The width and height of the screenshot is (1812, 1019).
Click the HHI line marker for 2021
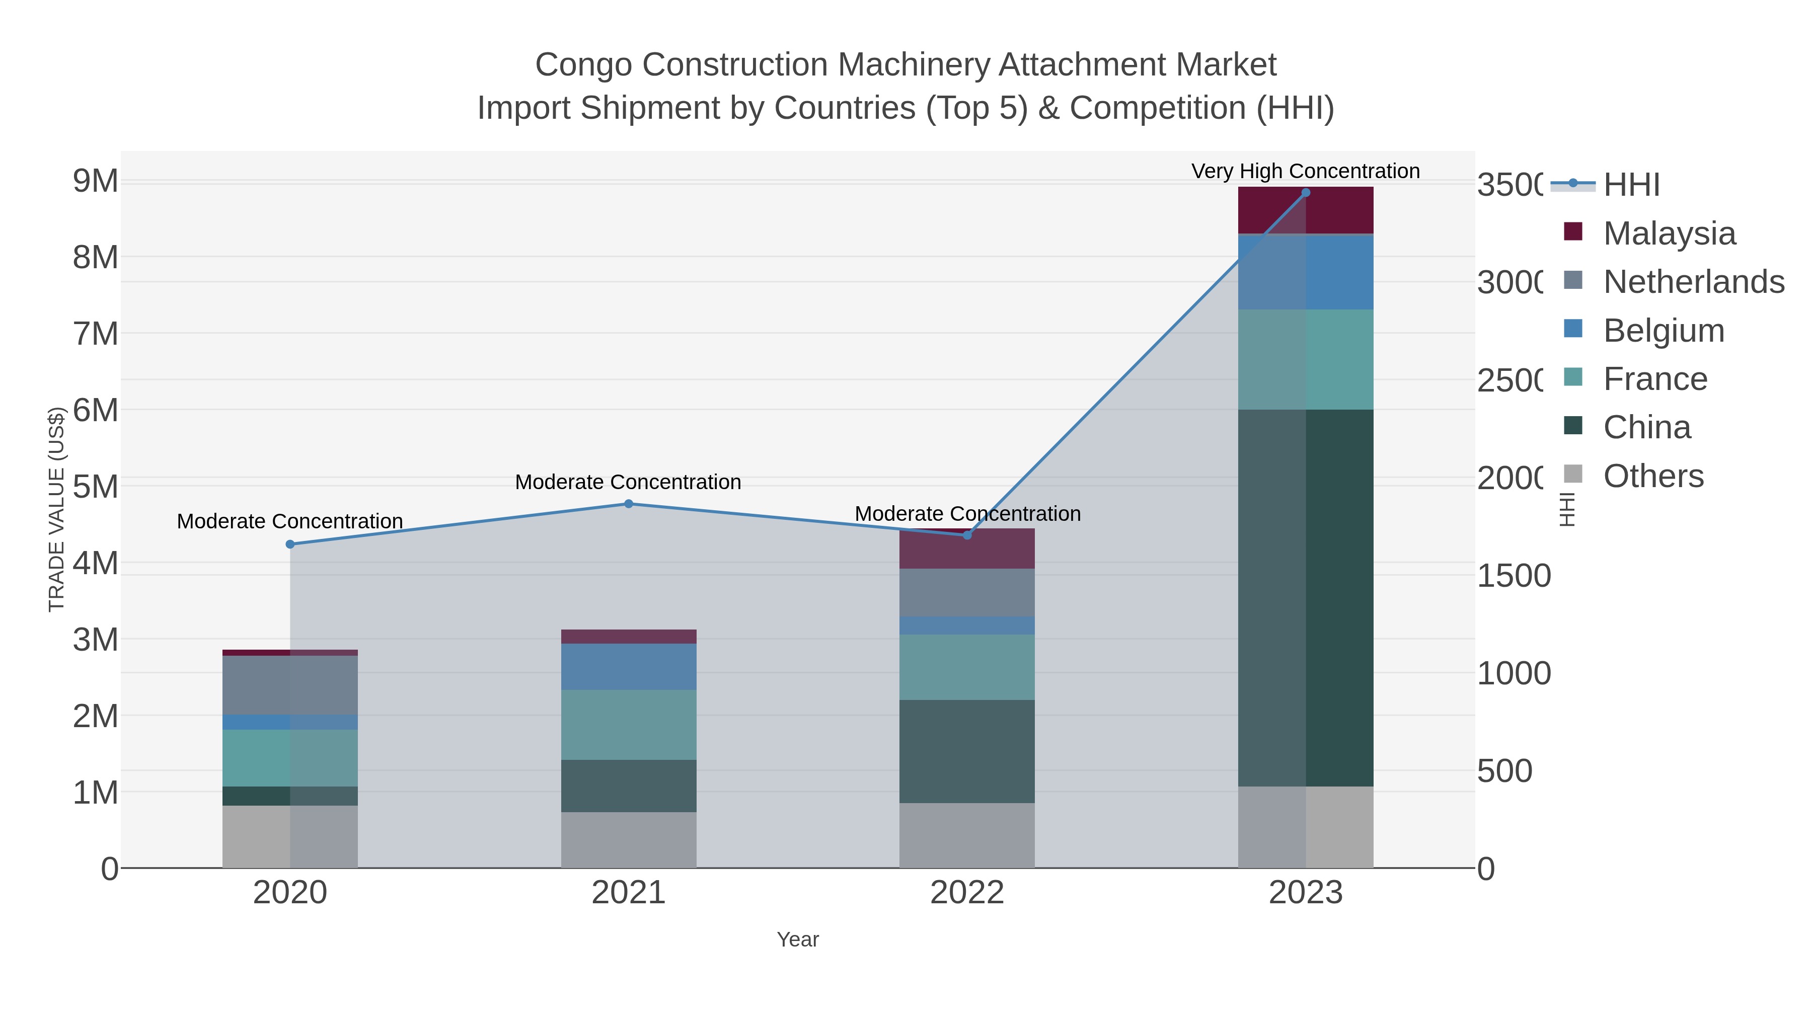(x=628, y=504)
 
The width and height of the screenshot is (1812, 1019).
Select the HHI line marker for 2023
(x=1306, y=192)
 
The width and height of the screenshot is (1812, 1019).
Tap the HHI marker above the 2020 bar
(x=290, y=543)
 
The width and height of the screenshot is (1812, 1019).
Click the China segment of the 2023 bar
(x=1306, y=598)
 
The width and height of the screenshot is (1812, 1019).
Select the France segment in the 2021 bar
(x=628, y=724)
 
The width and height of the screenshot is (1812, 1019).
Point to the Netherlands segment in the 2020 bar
(x=290, y=685)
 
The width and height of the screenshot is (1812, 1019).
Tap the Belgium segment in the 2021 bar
(x=628, y=667)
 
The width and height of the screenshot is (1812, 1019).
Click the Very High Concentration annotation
(x=1306, y=171)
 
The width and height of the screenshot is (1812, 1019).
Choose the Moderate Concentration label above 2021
(x=628, y=482)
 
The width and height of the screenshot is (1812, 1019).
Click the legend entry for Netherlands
(x=1693, y=282)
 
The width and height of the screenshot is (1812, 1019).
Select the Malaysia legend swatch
(x=1573, y=232)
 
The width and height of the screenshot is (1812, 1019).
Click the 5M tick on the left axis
(x=96, y=487)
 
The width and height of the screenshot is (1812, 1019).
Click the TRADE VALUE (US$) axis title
(x=56, y=509)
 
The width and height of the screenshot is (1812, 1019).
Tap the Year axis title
(x=798, y=939)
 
